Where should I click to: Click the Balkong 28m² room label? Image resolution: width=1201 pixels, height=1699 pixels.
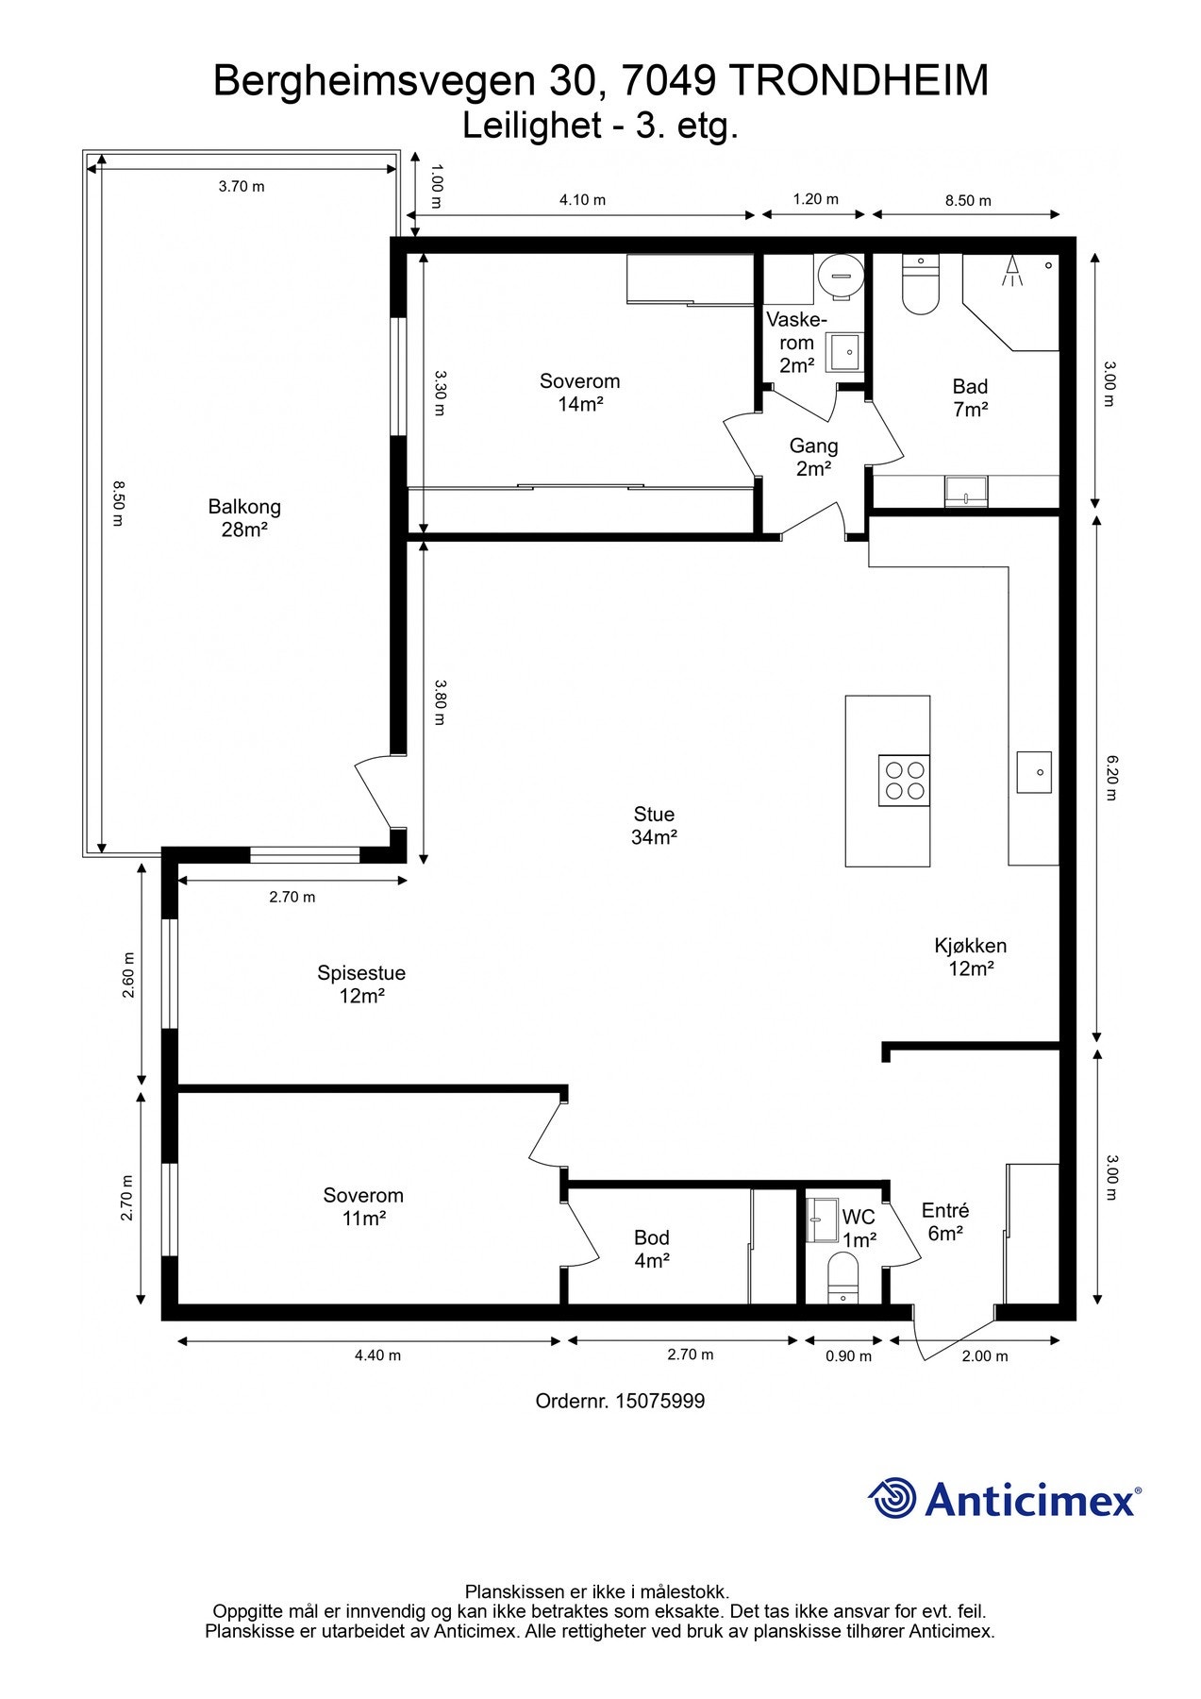(x=244, y=518)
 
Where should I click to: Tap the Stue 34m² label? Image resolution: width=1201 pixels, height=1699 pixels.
(x=654, y=826)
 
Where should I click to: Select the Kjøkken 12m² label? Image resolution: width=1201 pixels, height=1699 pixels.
(x=971, y=957)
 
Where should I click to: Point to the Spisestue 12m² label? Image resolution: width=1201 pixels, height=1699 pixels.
(x=361, y=984)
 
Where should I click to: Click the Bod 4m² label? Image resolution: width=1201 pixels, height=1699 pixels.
(x=652, y=1249)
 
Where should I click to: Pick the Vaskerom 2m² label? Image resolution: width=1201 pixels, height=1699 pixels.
(x=796, y=343)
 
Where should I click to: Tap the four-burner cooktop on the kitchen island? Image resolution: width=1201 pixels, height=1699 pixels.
(x=904, y=781)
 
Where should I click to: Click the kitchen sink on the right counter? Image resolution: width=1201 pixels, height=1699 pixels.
(x=1034, y=772)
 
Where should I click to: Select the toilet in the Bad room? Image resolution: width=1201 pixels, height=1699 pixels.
(x=921, y=284)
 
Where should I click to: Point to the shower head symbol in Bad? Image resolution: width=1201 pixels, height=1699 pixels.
(x=1012, y=270)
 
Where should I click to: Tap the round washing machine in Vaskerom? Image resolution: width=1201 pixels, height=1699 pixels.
(x=840, y=277)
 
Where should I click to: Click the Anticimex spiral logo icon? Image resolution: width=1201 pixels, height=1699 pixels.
(x=892, y=1498)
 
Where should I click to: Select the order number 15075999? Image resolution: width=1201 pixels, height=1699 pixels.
(x=659, y=1401)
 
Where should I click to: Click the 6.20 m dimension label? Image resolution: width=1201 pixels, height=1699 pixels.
(x=1111, y=777)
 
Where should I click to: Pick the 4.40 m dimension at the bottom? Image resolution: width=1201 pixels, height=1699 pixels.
(x=377, y=1355)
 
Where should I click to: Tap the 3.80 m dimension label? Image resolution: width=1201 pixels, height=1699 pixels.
(x=439, y=702)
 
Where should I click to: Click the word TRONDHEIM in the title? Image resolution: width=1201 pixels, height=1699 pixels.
(x=859, y=81)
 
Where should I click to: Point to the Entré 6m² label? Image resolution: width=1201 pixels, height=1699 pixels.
(x=945, y=1221)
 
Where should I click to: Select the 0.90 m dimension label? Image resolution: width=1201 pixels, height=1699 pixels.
(x=848, y=1356)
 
